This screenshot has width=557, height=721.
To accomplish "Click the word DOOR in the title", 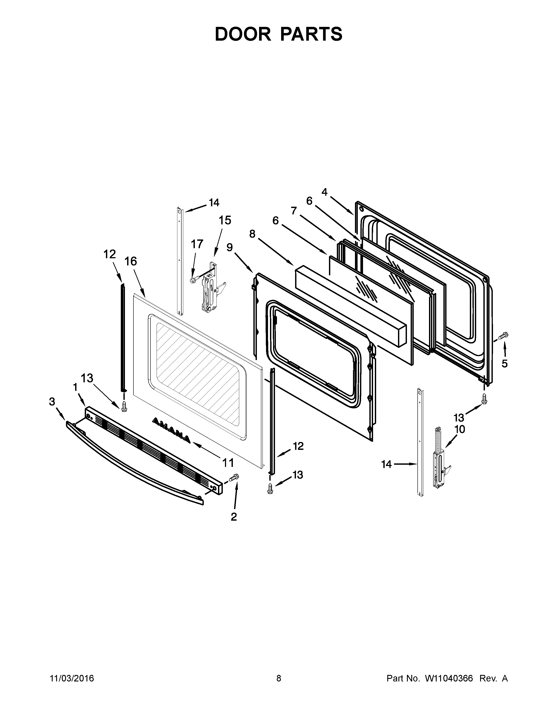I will click(242, 34).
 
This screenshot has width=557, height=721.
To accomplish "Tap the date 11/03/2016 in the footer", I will click(72, 685).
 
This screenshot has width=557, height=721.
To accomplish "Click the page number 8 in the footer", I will click(278, 685).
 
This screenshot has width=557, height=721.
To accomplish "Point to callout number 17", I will click(197, 244).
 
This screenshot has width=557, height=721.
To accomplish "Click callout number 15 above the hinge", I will click(225, 220).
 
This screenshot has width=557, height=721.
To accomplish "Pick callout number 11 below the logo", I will click(228, 463).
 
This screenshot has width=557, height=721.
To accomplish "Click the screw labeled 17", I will click(194, 279).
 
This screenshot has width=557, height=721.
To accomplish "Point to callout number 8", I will click(252, 234).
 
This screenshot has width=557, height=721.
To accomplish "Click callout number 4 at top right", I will click(324, 192).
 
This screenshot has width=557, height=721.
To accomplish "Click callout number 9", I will click(230, 247).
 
